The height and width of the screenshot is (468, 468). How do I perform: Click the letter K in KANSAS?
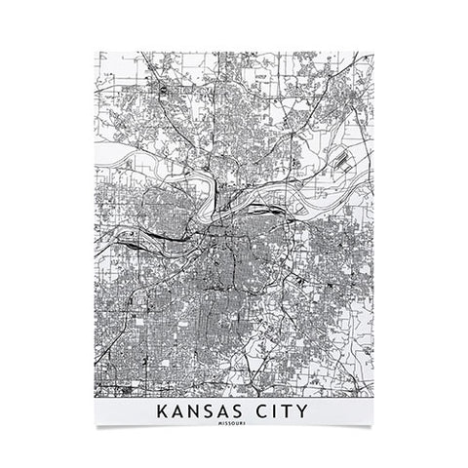tap(160, 412)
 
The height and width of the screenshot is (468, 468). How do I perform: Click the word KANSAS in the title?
tap(202, 412)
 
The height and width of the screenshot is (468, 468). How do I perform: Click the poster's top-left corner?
tap(95, 52)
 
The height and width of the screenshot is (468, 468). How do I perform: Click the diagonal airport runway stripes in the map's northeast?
tap(342, 160)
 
